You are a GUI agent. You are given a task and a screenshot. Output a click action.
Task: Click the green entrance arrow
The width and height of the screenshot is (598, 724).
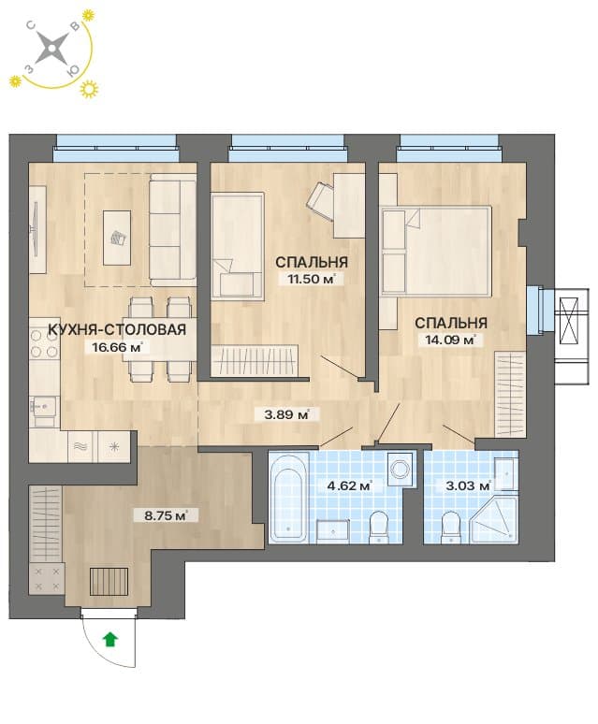click(109, 640)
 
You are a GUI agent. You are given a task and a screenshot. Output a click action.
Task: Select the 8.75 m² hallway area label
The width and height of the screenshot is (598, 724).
click(167, 514)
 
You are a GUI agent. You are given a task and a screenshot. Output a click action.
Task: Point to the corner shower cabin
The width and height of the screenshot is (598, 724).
click(493, 519)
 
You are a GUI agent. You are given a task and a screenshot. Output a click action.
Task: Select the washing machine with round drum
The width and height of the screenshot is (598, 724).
click(401, 470)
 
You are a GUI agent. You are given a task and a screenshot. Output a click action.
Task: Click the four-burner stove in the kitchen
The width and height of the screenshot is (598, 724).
click(45, 344)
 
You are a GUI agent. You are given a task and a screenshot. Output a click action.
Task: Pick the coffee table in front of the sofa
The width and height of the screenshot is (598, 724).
click(116, 238)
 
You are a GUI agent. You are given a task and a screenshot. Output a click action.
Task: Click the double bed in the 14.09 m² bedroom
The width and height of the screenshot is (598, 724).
click(436, 251)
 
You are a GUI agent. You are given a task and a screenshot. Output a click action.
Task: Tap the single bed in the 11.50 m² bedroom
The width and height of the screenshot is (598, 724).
click(238, 246)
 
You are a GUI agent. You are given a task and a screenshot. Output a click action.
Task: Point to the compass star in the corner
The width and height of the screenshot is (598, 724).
click(51, 48)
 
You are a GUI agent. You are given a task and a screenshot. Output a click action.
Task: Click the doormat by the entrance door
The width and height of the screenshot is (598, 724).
click(109, 581)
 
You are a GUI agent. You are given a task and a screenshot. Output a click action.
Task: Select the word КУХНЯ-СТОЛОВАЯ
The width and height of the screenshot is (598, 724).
click(117, 329)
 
